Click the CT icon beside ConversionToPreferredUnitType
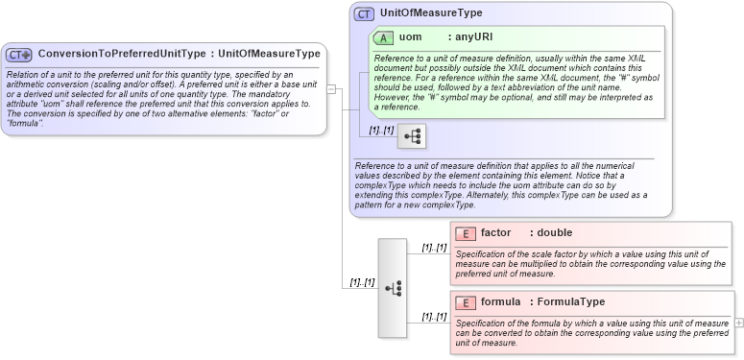click(20, 55)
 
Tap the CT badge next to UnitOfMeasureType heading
click(364, 14)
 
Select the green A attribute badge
click(383, 37)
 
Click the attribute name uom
click(410, 37)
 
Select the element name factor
click(495, 233)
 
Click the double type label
click(554, 233)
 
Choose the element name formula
click(500, 302)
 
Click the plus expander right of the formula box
click(738, 323)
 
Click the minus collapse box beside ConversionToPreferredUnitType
click(331, 89)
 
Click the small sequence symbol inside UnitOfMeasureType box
click(412, 136)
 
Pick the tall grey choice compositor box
click(393, 287)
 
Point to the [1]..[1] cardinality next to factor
click(434, 248)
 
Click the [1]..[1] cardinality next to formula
click(434, 317)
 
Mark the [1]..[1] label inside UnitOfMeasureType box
click(382, 131)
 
